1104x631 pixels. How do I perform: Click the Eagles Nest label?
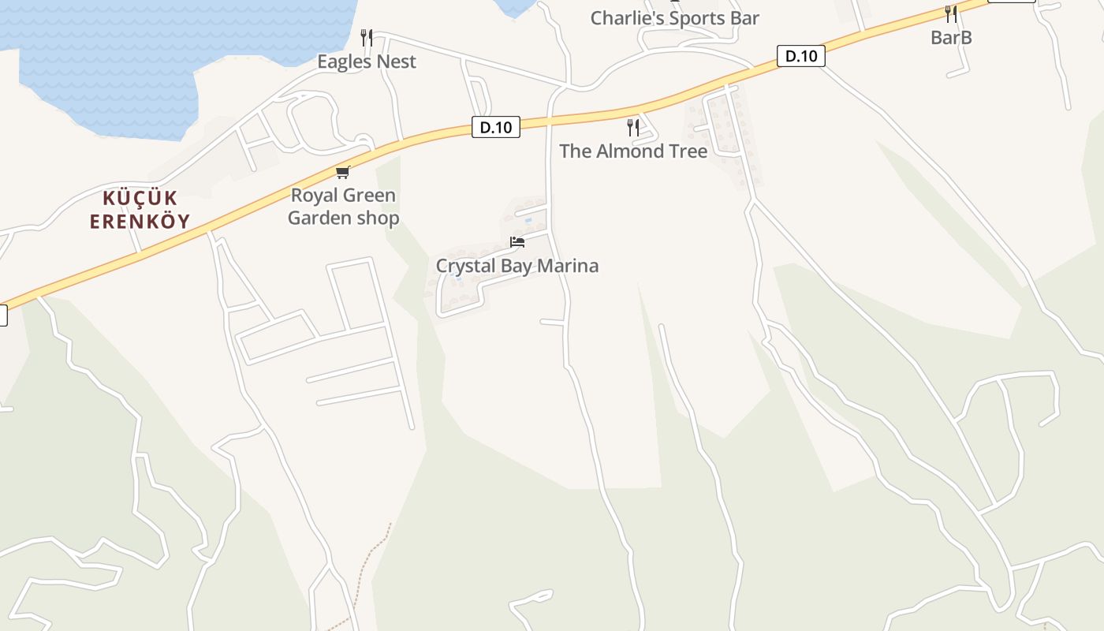tap(366, 62)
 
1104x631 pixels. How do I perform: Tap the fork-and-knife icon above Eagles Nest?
tap(366, 37)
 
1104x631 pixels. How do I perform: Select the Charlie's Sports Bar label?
tap(674, 18)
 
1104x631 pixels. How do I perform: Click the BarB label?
tap(951, 37)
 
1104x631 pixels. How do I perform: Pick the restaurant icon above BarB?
tap(951, 13)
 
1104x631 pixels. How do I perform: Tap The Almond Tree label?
tap(633, 151)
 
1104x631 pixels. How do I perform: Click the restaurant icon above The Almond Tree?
tap(633, 127)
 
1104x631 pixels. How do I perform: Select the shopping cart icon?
tap(342, 172)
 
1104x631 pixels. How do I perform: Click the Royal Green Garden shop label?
tap(343, 207)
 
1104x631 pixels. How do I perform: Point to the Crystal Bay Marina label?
tap(517, 266)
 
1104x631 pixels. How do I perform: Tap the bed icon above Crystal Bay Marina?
tap(517, 242)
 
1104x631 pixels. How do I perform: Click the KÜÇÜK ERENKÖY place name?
tap(140, 209)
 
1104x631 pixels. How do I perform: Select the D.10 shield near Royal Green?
tap(496, 127)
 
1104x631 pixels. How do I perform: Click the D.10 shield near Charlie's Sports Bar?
tap(800, 56)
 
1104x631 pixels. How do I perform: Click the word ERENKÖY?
tap(140, 221)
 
